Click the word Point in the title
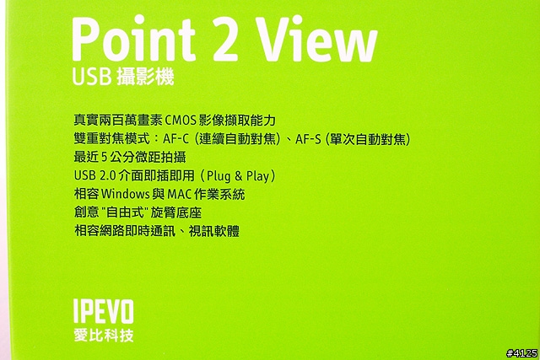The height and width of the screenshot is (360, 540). click(x=134, y=39)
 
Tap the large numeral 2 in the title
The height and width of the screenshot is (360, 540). click(x=224, y=39)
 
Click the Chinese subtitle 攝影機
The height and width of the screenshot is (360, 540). click(x=145, y=76)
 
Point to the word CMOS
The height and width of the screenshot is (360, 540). click(x=181, y=121)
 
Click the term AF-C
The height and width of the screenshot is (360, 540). click(x=176, y=139)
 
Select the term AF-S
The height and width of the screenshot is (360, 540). click(x=308, y=139)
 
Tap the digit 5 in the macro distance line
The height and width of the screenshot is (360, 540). click(x=105, y=158)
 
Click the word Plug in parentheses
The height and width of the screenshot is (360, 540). click(x=219, y=176)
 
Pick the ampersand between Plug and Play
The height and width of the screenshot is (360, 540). click(x=238, y=176)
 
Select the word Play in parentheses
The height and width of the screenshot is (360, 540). click(x=257, y=176)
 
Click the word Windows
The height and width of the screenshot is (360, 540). click(x=126, y=194)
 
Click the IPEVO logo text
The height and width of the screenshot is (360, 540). click(x=103, y=311)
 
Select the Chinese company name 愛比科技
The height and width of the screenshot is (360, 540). click(x=103, y=336)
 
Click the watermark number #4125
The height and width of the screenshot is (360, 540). click(x=521, y=353)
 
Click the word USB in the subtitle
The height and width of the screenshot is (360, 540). click(x=92, y=77)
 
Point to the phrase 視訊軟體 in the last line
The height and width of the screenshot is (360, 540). click(x=213, y=231)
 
